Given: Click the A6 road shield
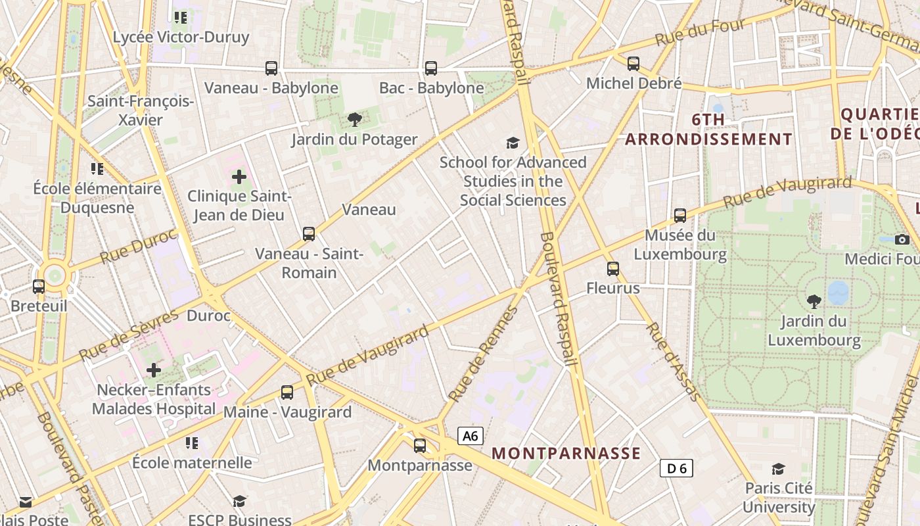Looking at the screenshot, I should [x=471, y=435].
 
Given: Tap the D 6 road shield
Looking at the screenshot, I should [x=676, y=468].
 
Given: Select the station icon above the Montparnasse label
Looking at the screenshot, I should [x=420, y=446].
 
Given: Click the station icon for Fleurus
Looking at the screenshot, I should [x=613, y=269].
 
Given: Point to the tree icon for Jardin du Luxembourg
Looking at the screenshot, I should [x=814, y=302].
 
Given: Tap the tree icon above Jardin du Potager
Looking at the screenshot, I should [x=354, y=120].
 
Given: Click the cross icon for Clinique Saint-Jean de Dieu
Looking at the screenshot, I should [x=239, y=177].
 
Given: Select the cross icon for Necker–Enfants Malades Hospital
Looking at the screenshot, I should [x=154, y=370].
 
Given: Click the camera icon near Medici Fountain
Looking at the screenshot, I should [x=902, y=239].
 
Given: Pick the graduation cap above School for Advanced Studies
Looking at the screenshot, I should [x=513, y=143].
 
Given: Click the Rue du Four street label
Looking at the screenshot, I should [x=701, y=32].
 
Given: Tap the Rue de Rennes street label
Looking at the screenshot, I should [x=483, y=355].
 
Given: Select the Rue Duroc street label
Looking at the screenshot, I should [x=138, y=247].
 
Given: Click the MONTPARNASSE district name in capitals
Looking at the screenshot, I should [x=566, y=453].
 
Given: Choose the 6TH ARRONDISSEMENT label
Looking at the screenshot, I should [x=708, y=130].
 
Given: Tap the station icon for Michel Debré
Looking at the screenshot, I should [x=633, y=64].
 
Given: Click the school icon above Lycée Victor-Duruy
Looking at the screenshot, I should [x=181, y=17].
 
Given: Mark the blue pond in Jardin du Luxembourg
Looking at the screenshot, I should [x=838, y=293].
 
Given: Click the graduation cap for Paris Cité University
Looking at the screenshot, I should [x=779, y=469].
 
